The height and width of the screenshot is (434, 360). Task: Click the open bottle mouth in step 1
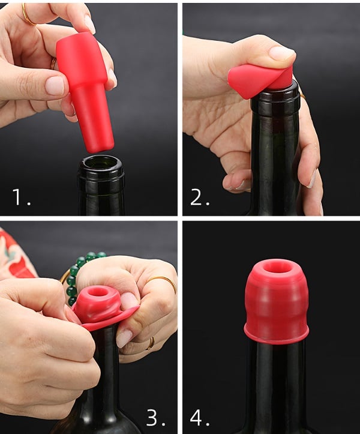[x=100, y=163]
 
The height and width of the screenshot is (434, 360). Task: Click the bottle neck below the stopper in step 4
[x=276, y=384]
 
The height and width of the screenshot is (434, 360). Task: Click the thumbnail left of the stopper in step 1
[x=55, y=85]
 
